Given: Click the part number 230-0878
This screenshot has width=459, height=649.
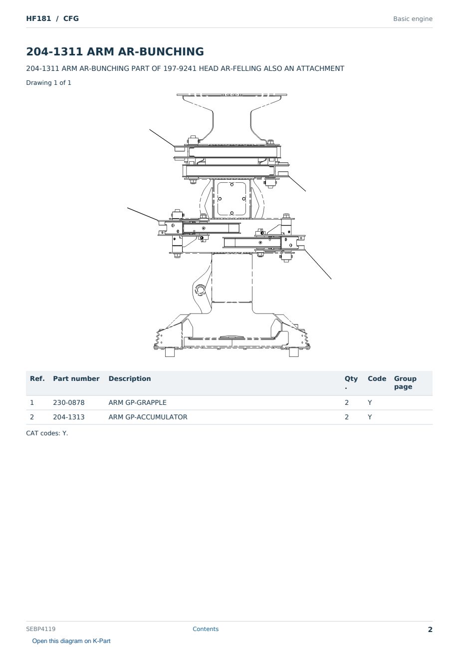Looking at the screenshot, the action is (x=69, y=402).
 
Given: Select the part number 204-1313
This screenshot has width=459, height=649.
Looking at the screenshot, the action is (x=69, y=417).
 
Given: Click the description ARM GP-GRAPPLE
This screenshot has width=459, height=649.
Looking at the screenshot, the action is (x=137, y=402).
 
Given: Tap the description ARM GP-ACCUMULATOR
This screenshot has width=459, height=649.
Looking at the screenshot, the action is (x=148, y=417).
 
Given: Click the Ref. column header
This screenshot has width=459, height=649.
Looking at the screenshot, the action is (x=37, y=379).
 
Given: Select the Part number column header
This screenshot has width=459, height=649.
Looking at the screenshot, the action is (x=76, y=379).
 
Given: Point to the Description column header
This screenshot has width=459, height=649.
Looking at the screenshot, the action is (x=130, y=379).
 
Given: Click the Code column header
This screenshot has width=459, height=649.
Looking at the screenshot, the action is (x=377, y=379).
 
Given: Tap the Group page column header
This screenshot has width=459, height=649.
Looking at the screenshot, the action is (x=405, y=383).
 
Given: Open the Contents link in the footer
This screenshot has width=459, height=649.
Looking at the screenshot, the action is (x=206, y=629).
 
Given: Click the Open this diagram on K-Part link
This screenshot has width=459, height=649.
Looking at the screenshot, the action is (x=71, y=641).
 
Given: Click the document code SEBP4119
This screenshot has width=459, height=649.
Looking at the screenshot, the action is (x=41, y=629).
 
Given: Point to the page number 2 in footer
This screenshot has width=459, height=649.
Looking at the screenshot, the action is (x=430, y=630).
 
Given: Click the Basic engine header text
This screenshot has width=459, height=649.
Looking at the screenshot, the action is (x=413, y=19).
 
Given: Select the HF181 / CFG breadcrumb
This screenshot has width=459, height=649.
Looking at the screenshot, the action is (x=52, y=18).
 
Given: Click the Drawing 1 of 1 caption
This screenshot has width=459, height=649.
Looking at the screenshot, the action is (x=49, y=83).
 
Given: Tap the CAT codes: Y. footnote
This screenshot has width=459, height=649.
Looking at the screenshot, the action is (x=47, y=433).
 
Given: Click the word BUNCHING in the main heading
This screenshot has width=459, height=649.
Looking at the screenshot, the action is (x=172, y=51).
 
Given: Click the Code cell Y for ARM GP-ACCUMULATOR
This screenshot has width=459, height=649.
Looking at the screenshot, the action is (x=370, y=417).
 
